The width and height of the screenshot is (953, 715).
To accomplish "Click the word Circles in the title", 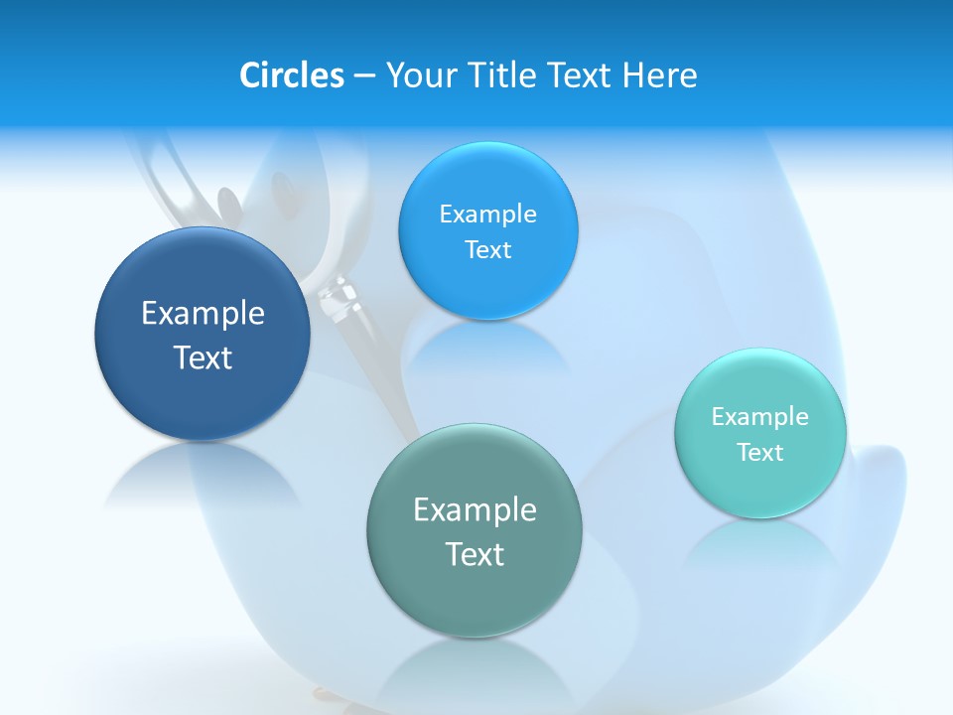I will (291, 75).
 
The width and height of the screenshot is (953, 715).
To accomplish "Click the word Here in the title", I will (659, 75).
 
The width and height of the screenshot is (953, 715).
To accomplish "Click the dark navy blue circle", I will (203, 334).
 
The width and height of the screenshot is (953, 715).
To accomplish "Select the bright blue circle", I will (487, 230).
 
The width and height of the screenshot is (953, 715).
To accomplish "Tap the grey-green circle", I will (474, 530).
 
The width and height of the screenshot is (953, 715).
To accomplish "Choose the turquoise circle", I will (760, 433).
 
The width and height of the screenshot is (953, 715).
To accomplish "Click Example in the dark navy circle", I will (203, 314).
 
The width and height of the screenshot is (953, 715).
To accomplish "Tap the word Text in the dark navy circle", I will (203, 357).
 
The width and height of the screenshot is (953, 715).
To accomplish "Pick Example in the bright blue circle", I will (487, 214).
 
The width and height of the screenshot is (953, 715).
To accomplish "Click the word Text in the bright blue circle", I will (487, 250).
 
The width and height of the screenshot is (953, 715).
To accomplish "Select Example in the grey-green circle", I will (475, 510).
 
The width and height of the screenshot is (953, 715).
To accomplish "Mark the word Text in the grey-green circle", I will (475, 554).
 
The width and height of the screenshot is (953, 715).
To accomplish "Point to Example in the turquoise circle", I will (760, 417).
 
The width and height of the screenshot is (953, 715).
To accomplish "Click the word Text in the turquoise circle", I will (760, 453).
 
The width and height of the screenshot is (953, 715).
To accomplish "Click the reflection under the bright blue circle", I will (487, 348).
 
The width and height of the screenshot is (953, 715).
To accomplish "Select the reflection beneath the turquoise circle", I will (760, 546).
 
